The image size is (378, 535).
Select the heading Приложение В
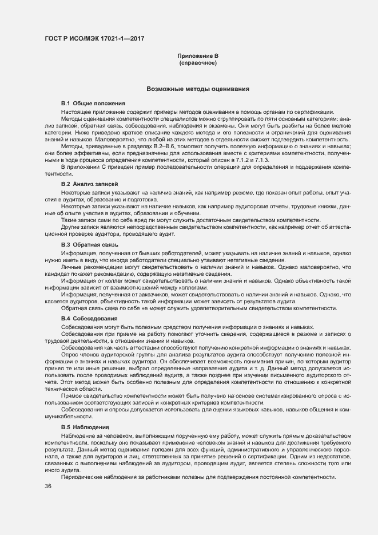198,56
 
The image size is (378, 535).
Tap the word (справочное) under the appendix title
198,62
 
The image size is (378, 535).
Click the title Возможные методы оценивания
197,89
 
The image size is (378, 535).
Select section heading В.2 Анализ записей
89,185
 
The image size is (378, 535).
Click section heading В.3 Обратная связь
89,244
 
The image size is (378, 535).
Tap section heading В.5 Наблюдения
87,427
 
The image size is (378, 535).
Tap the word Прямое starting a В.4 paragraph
73,395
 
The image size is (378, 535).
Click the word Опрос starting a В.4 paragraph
71,355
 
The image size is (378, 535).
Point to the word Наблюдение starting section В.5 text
80,436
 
